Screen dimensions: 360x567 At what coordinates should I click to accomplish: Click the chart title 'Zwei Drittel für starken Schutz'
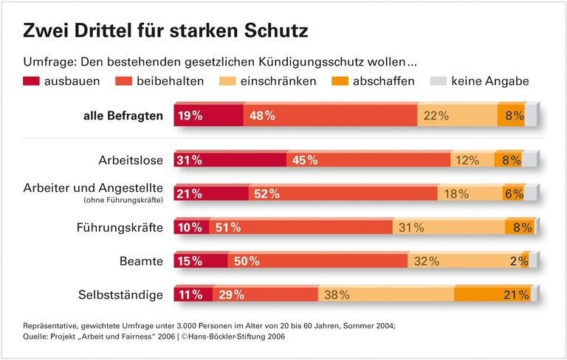pos(165,30)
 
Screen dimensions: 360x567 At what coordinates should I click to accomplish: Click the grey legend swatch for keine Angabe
pos(438,81)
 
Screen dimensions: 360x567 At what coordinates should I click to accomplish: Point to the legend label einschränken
pos(278,81)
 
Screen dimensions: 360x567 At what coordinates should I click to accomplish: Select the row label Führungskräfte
pos(120,227)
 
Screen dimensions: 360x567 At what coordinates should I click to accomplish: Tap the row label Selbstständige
pos(120,295)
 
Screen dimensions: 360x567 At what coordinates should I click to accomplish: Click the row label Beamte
pos(141,261)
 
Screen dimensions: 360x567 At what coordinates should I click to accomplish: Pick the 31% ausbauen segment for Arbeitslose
pos(230,160)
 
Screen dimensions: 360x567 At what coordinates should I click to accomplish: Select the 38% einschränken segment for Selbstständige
pos(385,295)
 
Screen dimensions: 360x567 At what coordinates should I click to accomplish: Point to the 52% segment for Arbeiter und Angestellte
pos(343,194)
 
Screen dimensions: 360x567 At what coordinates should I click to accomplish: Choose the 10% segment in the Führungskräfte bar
pos(191,227)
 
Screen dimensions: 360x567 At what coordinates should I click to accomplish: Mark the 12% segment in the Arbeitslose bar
pos(472,160)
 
